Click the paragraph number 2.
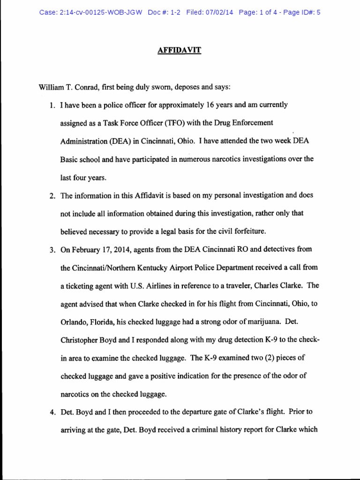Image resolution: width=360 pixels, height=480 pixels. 52,195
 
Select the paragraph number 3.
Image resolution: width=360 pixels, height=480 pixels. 52,249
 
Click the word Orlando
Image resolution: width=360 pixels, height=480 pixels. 74,322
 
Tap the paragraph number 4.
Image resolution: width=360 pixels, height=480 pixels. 52,412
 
